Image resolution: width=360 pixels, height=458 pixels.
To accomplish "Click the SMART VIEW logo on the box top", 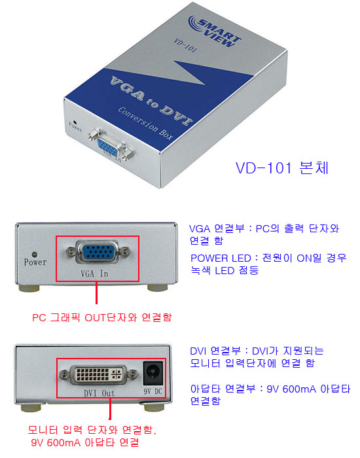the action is click(215, 31).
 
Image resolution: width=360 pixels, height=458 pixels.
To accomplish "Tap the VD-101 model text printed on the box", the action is click(185, 46).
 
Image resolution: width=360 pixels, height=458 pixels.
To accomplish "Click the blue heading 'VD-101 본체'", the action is click(282, 167).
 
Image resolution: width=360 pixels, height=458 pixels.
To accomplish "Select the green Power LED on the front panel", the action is click(35, 255).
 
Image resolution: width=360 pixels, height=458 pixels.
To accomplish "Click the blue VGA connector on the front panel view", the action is click(98, 252).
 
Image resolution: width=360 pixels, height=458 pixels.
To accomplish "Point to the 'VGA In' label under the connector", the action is click(94, 273).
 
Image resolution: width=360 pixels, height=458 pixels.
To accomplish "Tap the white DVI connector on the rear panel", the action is click(99, 374).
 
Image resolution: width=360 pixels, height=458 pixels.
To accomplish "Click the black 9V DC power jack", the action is click(153, 374).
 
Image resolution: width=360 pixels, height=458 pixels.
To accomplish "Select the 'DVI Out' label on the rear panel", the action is click(99, 393).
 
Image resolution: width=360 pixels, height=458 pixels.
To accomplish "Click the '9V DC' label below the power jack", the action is click(153, 391).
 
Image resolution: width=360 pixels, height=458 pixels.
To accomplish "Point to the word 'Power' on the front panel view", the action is click(35, 262).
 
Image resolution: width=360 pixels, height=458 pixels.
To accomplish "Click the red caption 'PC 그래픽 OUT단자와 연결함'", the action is click(102, 317).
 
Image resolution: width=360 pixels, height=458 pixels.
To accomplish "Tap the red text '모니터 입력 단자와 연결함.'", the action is click(92, 430).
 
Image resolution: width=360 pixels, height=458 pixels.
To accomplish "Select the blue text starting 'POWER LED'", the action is click(268, 264).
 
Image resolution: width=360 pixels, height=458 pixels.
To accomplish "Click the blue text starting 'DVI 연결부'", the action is click(257, 357).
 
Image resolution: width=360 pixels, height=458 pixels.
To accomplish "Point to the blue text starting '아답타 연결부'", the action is click(270, 395).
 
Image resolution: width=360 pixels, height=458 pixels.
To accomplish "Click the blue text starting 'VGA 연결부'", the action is click(264, 234).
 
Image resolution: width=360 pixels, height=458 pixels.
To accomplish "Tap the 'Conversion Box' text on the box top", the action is click(145, 123).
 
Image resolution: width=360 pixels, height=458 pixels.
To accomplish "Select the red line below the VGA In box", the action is click(96, 293).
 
